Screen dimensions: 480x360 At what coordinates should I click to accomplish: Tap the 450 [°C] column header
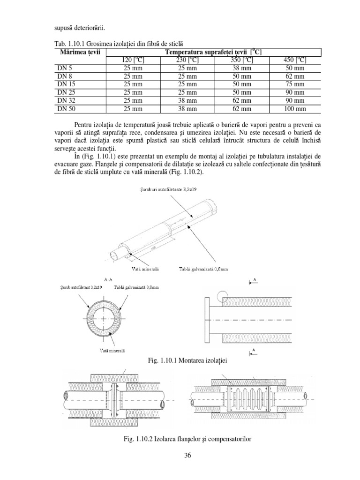pos(294,60)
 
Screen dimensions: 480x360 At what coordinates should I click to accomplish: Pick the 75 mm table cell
pos(294,84)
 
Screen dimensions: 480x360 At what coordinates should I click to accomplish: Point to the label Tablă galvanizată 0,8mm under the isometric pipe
pos(203,269)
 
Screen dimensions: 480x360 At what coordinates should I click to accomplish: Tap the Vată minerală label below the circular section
pos(98,350)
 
